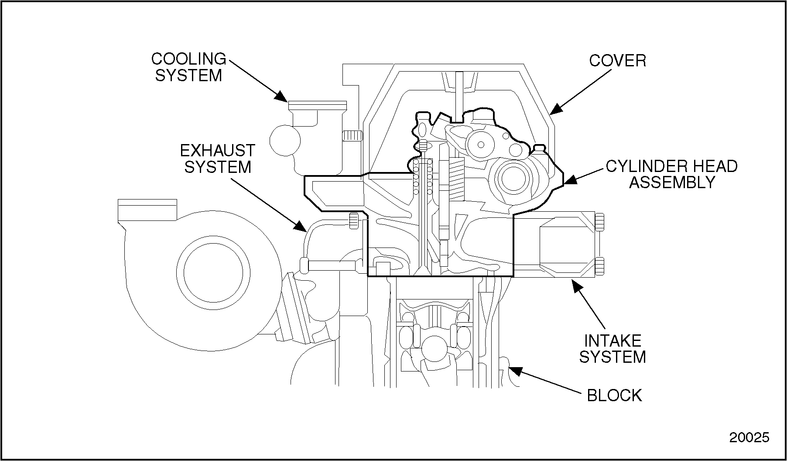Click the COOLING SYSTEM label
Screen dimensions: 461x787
click(188, 67)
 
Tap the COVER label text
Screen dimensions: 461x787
click(617, 61)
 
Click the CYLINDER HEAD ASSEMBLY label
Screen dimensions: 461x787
click(672, 174)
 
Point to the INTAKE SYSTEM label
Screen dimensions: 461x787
click(612, 349)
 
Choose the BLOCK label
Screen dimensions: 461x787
click(614, 396)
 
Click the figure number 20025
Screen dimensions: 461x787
click(749, 438)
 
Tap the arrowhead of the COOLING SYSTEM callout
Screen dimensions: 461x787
click(281, 97)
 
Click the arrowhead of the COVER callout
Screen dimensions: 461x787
click(555, 109)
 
